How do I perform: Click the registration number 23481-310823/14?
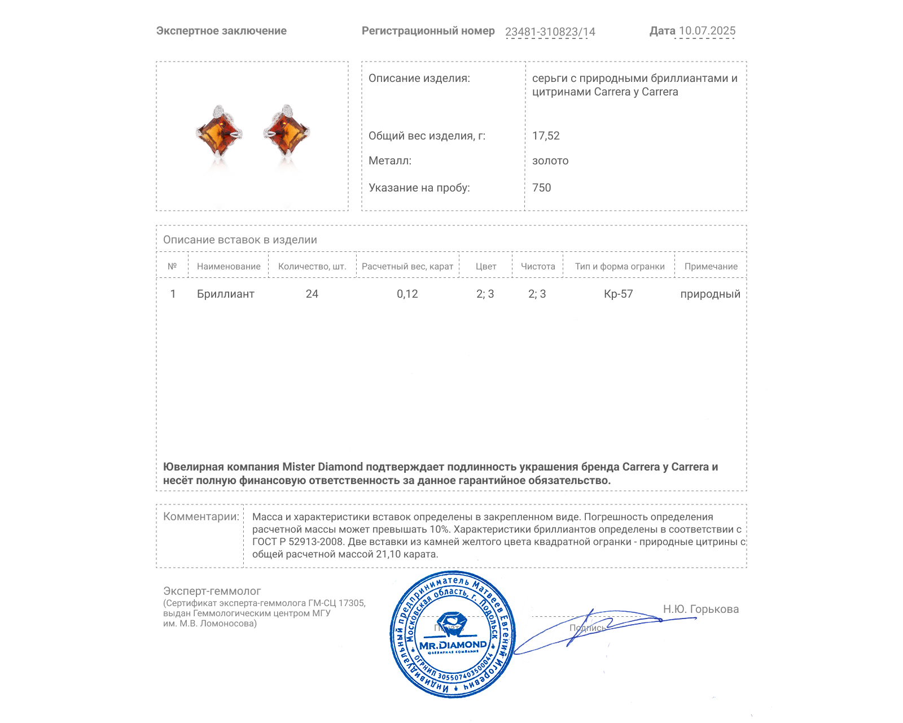click(550, 32)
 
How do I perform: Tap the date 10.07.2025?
click(707, 31)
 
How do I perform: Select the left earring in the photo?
click(220, 133)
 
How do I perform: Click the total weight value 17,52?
click(546, 136)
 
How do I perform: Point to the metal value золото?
click(550, 161)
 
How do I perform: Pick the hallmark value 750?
click(541, 188)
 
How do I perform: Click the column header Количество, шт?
click(312, 267)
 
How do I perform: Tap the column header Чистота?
click(538, 267)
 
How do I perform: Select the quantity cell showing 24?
click(312, 294)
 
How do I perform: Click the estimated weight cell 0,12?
click(407, 294)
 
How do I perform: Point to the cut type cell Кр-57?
click(619, 294)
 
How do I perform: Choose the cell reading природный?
click(710, 294)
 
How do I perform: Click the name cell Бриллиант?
click(226, 294)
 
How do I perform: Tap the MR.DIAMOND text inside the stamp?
click(453, 645)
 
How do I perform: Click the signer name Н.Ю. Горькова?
click(700, 609)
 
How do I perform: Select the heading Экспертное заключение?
click(221, 31)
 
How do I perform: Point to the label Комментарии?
click(201, 517)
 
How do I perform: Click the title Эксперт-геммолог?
click(212, 591)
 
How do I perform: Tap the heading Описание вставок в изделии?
click(240, 240)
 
